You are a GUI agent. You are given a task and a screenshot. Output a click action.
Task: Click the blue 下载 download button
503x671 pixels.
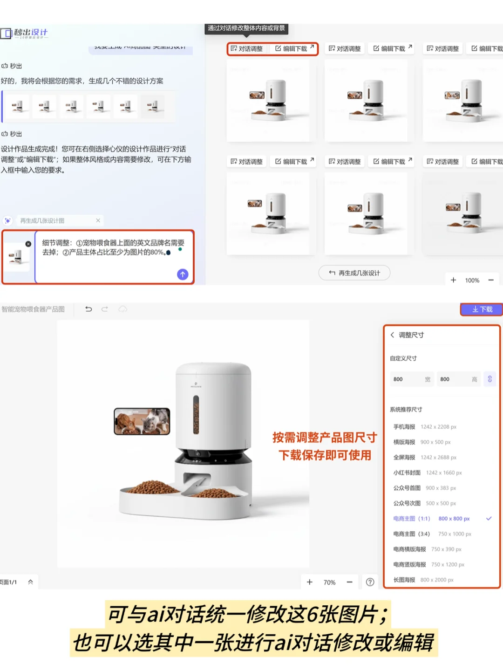(x=482, y=309)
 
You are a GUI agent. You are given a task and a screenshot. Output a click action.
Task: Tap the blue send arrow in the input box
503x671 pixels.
(x=183, y=274)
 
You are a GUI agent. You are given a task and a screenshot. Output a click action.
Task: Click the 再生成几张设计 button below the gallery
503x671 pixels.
(x=354, y=273)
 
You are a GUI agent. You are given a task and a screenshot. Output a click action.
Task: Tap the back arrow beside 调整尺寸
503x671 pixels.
(x=393, y=335)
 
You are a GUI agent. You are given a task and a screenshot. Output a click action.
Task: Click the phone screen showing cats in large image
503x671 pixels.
(x=142, y=421)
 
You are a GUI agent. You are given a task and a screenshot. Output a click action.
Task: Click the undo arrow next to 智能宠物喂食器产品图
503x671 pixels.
(x=88, y=309)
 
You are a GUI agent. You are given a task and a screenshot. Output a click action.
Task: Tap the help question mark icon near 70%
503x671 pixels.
(x=370, y=582)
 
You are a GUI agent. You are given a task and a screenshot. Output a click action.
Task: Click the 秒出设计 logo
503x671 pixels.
(x=25, y=33)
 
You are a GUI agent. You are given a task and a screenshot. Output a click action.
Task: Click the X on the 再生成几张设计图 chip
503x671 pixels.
(x=98, y=220)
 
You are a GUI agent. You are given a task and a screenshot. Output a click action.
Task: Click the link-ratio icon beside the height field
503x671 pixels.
(x=489, y=379)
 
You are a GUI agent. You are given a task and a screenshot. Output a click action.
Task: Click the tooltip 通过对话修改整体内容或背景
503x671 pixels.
(x=246, y=28)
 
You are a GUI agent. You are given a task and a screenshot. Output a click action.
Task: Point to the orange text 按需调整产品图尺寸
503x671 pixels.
(x=325, y=438)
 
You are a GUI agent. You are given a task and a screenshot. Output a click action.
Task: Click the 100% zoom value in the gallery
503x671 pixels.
(x=472, y=280)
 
